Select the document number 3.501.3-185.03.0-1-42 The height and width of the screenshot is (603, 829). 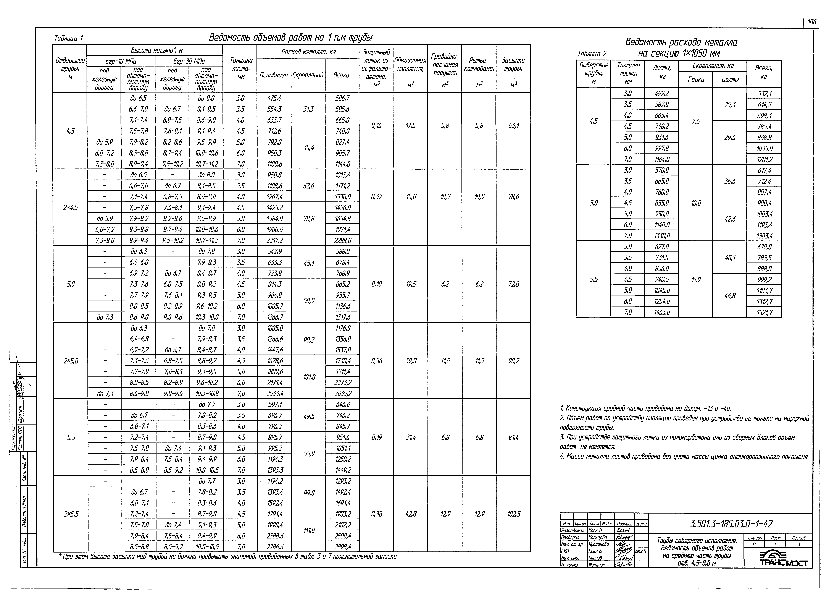tap(731, 524)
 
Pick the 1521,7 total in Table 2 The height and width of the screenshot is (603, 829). tap(764, 312)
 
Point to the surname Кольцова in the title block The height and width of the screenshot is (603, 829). tap(598, 537)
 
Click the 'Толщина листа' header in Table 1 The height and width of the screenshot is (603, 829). tap(240, 68)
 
